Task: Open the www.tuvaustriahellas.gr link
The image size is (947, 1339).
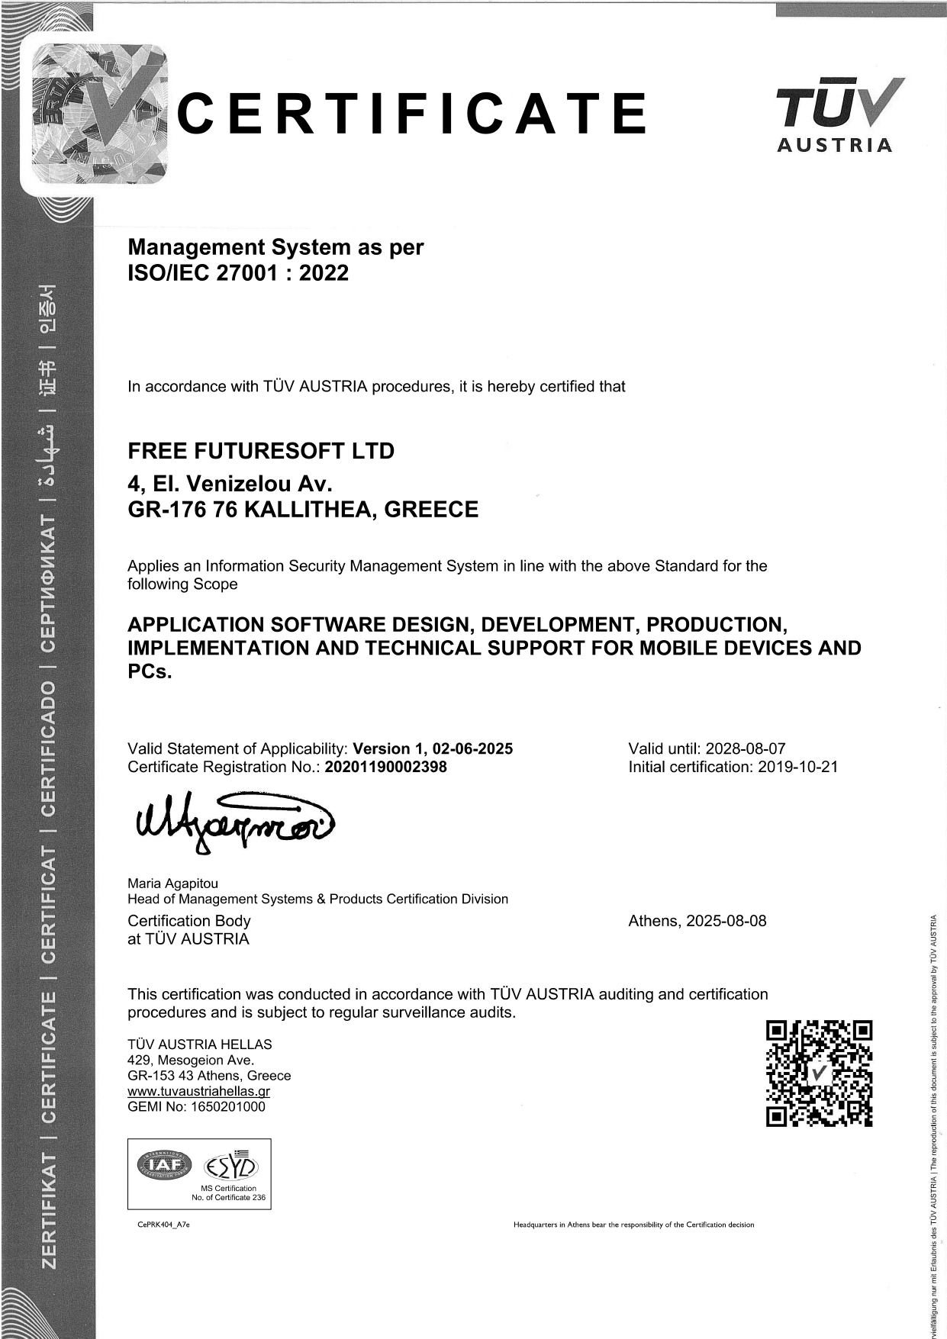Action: pyautogui.click(x=198, y=1091)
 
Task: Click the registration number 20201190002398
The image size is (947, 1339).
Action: pyautogui.click(x=386, y=768)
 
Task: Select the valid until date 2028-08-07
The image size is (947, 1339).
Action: pyautogui.click(x=746, y=748)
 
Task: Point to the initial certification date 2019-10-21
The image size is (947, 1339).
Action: pyautogui.click(x=797, y=768)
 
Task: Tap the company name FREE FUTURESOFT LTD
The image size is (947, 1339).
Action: pyautogui.click(x=261, y=451)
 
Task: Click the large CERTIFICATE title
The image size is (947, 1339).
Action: pyautogui.click(x=412, y=113)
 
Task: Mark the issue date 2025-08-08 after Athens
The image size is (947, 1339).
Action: pyautogui.click(x=726, y=921)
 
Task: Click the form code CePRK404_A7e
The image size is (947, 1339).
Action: pyautogui.click(x=159, y=1225)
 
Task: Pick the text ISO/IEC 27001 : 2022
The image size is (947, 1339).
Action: pyautogui.click(x=238, y=273)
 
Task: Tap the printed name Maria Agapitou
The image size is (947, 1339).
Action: pyautogui.click(x=172, y=884)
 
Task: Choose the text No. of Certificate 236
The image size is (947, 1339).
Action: pyautogui.click(x=228, y=1197)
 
